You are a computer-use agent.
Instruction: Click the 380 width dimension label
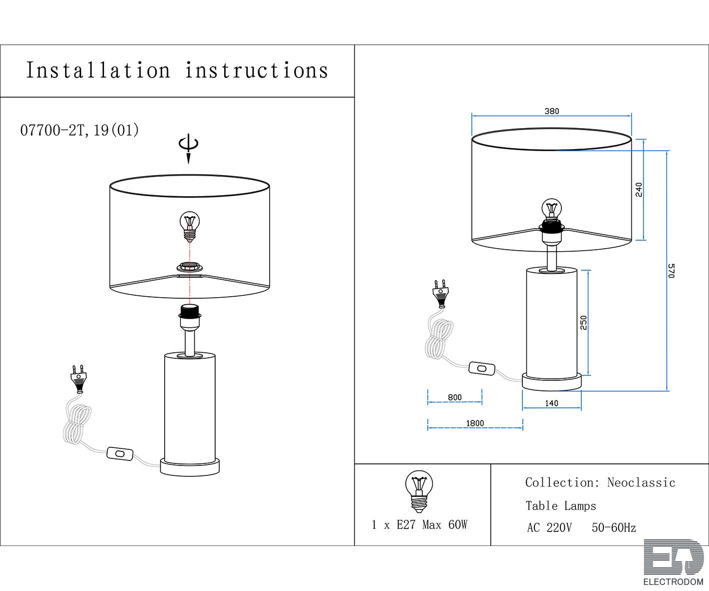coord(551,111)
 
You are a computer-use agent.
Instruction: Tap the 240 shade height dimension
coord(638,189)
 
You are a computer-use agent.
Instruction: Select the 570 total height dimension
coord(671,270)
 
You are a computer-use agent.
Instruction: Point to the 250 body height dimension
coord(583,323)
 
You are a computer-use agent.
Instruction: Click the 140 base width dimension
coord(551,403)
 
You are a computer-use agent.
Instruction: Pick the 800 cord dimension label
coord(455,397)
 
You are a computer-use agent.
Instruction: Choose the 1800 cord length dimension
coord(475,423)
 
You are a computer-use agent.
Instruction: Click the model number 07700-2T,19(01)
coord(80,130)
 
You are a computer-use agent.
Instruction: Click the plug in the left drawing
coord(79,378)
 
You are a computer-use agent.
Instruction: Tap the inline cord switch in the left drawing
coord(120,453)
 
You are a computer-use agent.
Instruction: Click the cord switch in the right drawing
coord(481,368)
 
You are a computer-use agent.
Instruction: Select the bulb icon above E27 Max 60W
coord(419,491)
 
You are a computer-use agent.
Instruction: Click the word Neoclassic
coord(641,482)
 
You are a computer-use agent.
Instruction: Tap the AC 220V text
coord(549,527)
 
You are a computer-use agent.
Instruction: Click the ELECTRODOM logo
coord(673,562)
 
